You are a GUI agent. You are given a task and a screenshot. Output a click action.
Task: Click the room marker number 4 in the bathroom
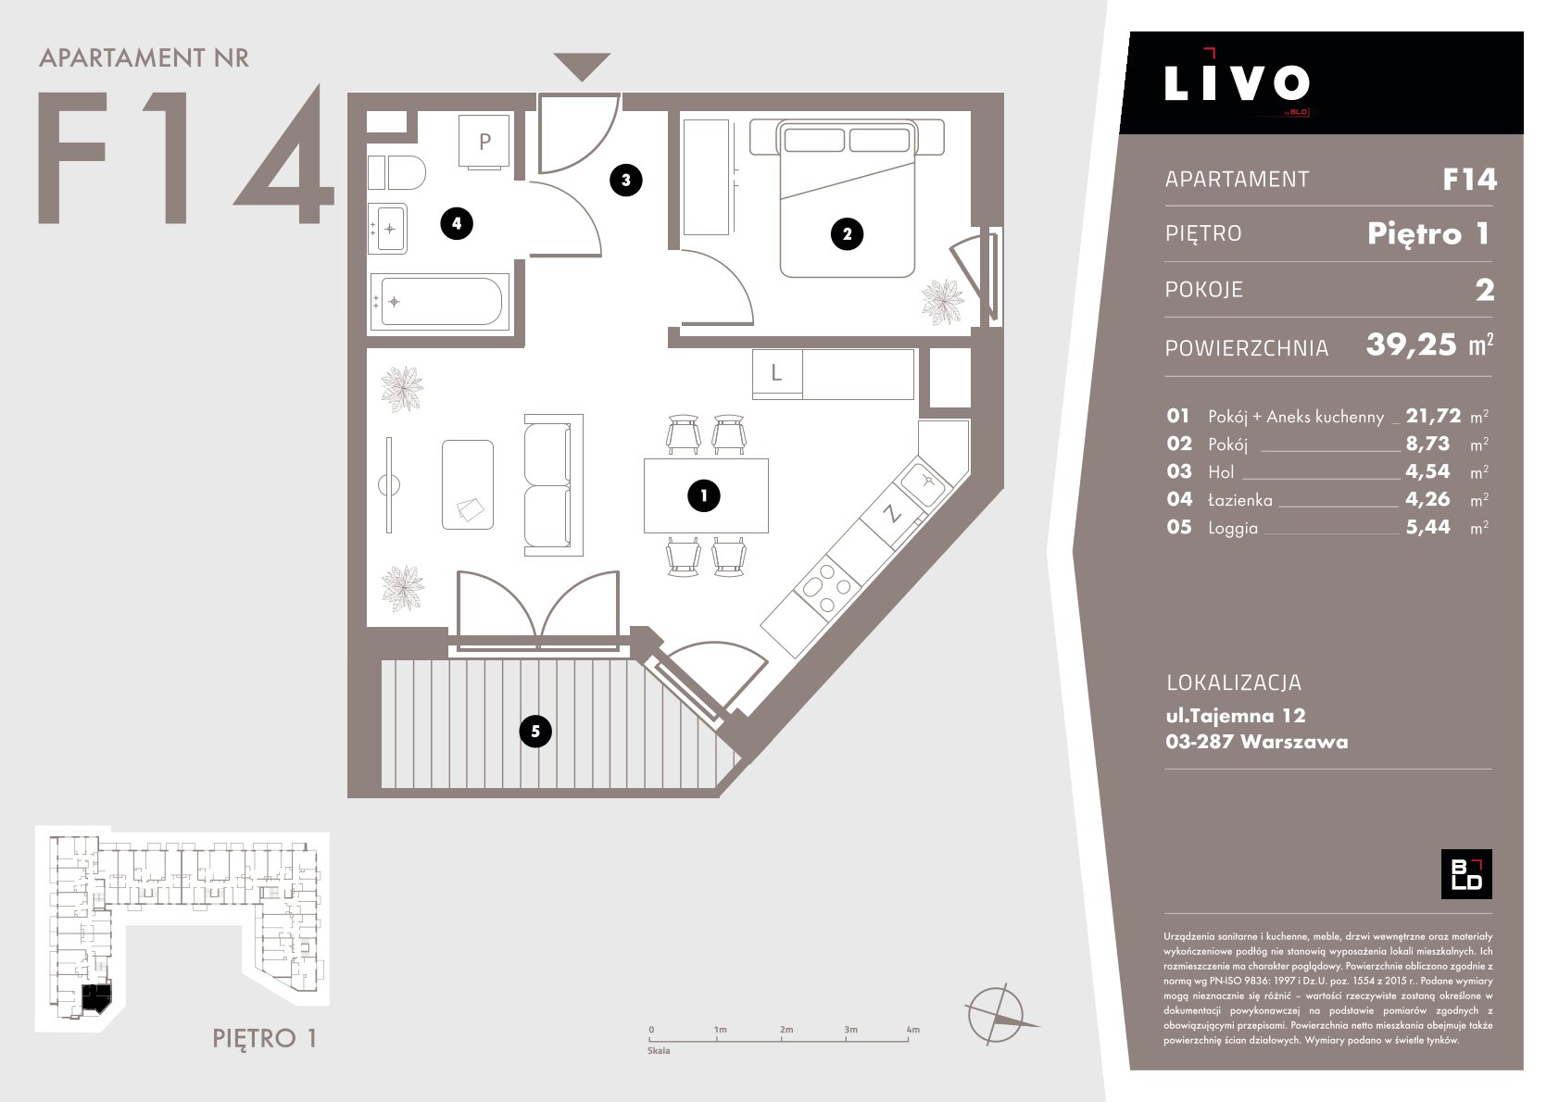(457, 223)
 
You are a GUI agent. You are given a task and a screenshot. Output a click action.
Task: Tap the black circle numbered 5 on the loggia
(535, 732)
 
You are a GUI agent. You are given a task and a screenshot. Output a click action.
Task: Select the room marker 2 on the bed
(847, 233)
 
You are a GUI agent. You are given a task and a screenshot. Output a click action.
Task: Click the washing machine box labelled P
(484, 142)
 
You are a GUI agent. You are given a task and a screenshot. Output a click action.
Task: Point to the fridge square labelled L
(777, 373)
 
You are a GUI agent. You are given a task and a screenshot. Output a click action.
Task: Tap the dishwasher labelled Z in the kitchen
(891, 513)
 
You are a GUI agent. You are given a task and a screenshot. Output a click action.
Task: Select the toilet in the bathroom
(396, 172)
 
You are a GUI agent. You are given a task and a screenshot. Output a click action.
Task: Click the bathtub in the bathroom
(440, 301)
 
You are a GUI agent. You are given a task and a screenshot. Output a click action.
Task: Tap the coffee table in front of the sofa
(468, 484)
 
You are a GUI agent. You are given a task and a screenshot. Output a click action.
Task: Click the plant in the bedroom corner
(943, 301)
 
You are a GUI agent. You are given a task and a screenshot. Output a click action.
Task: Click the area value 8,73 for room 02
(1427, 444)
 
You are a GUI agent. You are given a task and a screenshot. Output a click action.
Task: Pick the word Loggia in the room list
(1233, 528)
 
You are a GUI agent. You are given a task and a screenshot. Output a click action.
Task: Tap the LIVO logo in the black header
(1237, 83)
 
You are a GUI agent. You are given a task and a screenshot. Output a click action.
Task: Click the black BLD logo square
(1466, 874)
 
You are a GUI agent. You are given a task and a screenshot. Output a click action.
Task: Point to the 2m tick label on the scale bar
(786, 1029)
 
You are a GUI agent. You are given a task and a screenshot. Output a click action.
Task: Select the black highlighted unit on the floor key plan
(96, 998)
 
